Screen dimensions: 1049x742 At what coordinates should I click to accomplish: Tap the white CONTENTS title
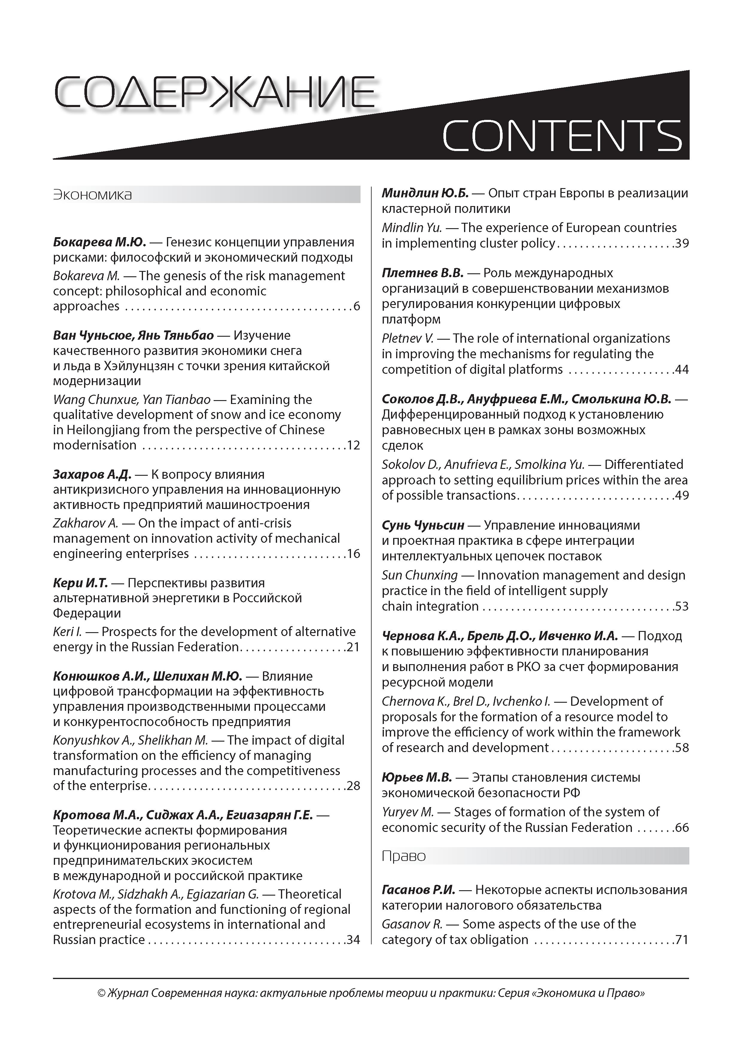point(562,136)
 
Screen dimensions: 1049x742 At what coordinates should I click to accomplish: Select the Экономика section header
point(93,195)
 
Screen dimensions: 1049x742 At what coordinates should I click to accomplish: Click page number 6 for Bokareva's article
point(357,306)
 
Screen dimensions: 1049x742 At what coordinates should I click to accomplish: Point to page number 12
point(353,445)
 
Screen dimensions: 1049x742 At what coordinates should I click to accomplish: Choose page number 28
point(353,786)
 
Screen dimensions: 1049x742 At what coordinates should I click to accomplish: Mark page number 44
point(682,370)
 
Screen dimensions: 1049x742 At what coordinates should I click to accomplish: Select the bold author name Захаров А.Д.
point(92,474)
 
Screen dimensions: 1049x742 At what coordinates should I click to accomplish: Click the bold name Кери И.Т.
point(80,583)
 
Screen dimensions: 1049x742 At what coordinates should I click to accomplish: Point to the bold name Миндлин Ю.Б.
point(425,193)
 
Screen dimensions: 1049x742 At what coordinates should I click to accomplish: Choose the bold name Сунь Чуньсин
point(423,525)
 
